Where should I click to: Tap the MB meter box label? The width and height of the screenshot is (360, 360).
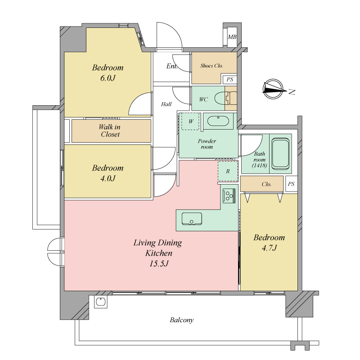pos(232,37)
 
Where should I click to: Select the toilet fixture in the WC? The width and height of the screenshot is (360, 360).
pos(226,98)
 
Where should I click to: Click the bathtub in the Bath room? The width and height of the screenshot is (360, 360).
pos(280,153)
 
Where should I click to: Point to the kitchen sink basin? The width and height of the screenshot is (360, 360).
pos(192,219)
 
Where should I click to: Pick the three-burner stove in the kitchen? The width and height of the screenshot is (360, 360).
pos(229,196)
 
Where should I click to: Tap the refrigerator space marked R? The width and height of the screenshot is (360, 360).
pos(228,171)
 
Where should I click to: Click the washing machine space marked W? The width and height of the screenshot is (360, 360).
pos(190,121)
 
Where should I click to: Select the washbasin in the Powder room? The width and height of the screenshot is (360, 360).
pos(218,121)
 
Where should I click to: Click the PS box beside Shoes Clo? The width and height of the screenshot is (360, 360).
pos(230,80)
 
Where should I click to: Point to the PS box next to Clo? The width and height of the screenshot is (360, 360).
pos(291,184)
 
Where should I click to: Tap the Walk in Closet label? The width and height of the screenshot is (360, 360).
pos(110,130)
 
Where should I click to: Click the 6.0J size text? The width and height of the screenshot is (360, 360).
pos(108,78)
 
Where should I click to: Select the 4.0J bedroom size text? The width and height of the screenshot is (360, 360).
pos(108,178)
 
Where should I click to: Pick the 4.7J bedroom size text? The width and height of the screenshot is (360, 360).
pos(269,248)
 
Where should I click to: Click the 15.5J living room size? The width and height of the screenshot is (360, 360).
pos(159,264)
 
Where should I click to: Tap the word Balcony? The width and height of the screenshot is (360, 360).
pos(182,320)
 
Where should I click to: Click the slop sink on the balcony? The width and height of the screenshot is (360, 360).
pos(101,301)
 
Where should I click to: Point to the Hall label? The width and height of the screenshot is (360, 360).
pos(166,104)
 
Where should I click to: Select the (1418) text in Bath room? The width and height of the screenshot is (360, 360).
pos(260,165)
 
